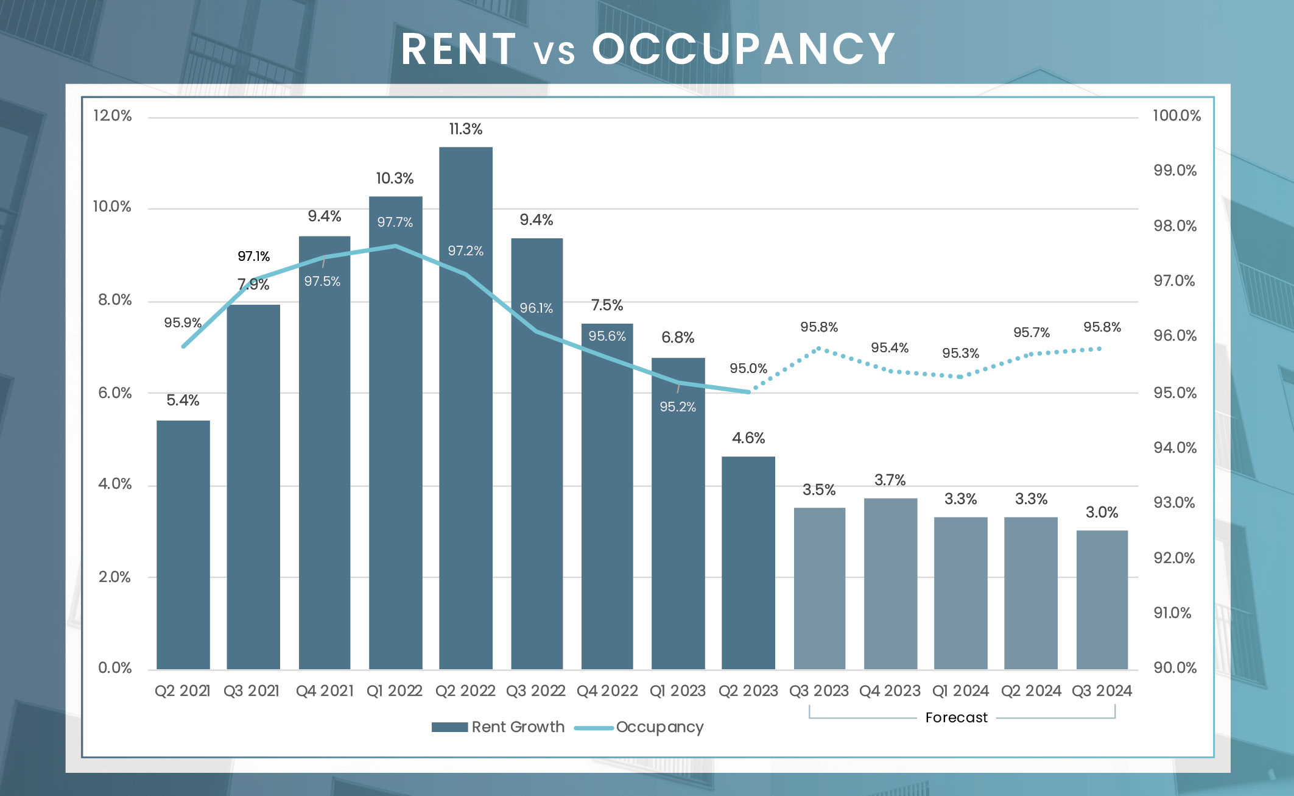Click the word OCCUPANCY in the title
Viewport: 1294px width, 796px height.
point(743,49)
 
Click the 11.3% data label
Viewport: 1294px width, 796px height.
point(466,129)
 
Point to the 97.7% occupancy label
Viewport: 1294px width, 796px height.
point(395,222)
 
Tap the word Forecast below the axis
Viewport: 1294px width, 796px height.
point(956,718)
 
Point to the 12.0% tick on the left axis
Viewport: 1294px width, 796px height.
point(113,116)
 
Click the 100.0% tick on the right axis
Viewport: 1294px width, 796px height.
point(1176,116)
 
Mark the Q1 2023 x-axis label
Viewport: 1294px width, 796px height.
point(677,691)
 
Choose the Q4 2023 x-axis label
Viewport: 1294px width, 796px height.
point(890,691)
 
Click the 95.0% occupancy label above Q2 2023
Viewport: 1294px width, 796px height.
point(748,369)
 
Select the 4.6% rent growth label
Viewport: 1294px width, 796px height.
point(748,438)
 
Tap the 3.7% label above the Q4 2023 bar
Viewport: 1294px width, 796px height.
point(890,480)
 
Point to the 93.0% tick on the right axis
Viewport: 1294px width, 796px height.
point(1174,503)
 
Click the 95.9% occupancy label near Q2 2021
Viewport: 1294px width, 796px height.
point(183,323)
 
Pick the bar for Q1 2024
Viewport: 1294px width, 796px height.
point(960,594)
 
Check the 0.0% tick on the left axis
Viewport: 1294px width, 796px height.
point(115,668)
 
